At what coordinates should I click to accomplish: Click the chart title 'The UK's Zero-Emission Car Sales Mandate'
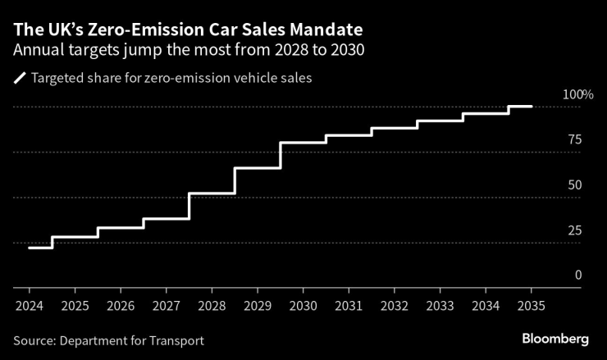(189, 30)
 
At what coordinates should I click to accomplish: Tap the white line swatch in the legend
(19, 79)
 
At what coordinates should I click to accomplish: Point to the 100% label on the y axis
(577, 94)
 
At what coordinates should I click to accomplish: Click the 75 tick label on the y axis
(574, 139)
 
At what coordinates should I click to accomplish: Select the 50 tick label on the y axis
(574, 185)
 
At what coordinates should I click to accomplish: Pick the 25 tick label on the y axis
(574, 230)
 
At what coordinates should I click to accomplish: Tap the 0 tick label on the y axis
(577, 275)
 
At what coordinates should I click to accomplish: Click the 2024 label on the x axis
(29, 305)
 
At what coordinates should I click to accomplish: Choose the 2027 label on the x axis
(166, 305)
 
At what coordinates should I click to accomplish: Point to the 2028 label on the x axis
(212, 305)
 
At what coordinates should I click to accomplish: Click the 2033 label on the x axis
(440, 305)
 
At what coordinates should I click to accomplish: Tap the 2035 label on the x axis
(531, 305)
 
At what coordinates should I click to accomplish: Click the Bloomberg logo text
(555, 339)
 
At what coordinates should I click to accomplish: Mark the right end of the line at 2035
(532, 107)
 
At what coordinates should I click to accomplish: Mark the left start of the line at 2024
(30, 247)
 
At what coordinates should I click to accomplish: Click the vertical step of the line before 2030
(281, 155)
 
